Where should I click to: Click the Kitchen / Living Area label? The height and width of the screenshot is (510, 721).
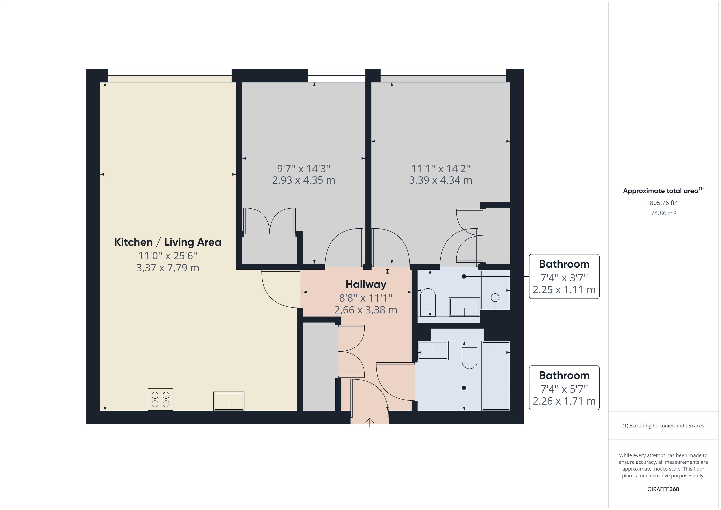click(168, 242)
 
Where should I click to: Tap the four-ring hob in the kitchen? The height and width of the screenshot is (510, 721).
click(160, 399)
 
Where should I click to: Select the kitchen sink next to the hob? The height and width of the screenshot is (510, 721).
click(229, 401)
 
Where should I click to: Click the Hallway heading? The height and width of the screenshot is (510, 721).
click(366, 284)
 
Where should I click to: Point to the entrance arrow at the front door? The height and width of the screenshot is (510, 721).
click(370, 422)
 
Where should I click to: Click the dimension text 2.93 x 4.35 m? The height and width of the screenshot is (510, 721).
click(303, 180)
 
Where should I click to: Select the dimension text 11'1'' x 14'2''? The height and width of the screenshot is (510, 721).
click(441, 169)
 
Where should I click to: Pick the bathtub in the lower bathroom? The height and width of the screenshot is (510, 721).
click(496, 376)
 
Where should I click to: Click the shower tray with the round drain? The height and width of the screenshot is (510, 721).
click(495, 290)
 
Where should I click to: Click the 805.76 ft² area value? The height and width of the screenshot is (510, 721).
click(663, 203)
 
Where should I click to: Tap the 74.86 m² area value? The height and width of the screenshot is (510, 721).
click(663, 213)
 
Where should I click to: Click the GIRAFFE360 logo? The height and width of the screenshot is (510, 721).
click(663, 489)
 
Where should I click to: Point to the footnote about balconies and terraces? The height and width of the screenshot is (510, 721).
click(663, 426)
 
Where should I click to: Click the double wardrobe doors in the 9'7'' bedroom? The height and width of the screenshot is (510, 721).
click(269, 221)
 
